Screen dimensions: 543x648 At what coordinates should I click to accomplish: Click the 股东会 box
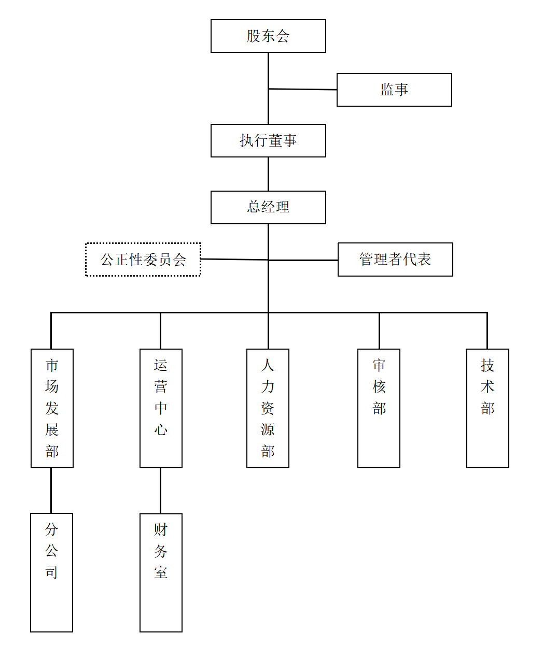click(268, 36)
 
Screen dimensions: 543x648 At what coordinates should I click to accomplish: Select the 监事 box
click(394, 90)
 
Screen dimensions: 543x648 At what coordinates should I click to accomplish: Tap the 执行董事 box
click(268, 140)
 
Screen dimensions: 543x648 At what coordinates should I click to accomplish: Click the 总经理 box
click(268, 207)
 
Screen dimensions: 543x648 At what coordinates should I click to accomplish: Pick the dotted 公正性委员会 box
click(143, 260)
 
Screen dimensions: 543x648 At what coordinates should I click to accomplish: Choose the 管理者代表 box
click(395, 260)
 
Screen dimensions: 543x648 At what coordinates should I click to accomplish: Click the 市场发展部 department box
click(52, 408)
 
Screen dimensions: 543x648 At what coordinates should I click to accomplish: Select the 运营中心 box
click(161, 408)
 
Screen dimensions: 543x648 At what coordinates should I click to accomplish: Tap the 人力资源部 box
click(268, 408)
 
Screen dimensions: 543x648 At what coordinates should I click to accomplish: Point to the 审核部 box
click(379, 408)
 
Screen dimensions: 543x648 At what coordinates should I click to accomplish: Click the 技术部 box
click(488, 408)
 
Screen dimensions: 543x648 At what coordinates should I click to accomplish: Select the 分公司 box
click(51, 572)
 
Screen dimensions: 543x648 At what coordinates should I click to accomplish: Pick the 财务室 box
click(161, 572)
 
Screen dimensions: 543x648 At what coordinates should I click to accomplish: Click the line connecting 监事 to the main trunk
click(303, 90)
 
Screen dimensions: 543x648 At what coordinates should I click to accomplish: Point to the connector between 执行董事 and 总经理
click(268, 174)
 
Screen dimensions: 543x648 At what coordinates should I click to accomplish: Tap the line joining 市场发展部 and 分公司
click(51, 491)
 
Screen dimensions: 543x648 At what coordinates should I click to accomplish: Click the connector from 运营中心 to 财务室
click(160, 491)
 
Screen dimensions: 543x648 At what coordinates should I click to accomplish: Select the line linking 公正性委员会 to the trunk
click(234, 259)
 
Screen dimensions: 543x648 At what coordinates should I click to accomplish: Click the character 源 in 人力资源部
click(268, 429)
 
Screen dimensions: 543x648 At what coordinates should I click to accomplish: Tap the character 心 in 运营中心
click(161, 429)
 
